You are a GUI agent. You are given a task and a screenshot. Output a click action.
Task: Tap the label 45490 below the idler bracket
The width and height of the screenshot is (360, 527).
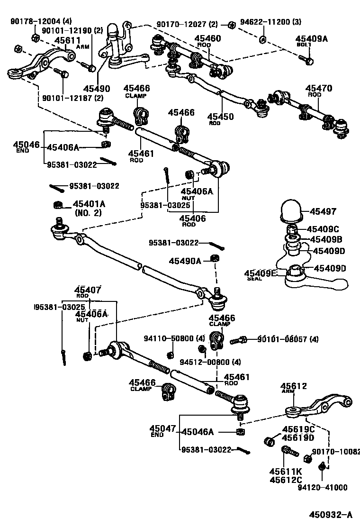click(x=97, y=89)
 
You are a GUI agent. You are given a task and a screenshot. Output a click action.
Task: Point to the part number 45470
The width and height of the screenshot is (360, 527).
click(x=318, y=88)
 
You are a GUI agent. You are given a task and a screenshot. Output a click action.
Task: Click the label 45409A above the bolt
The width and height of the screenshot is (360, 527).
click(x=311, y=39)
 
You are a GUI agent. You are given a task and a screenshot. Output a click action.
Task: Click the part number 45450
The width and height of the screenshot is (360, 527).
click(x=221, y=116)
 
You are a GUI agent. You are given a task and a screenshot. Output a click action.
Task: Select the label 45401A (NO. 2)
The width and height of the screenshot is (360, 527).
click(x=89, y=204)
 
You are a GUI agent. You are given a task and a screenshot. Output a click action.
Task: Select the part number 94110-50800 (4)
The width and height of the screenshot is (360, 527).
click(x=174, y=338)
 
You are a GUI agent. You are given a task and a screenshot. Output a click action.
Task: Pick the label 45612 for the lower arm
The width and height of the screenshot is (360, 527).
click(x=294, y=386)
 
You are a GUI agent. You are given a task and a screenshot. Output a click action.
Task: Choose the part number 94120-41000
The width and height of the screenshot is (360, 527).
click(x=322, y=487)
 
